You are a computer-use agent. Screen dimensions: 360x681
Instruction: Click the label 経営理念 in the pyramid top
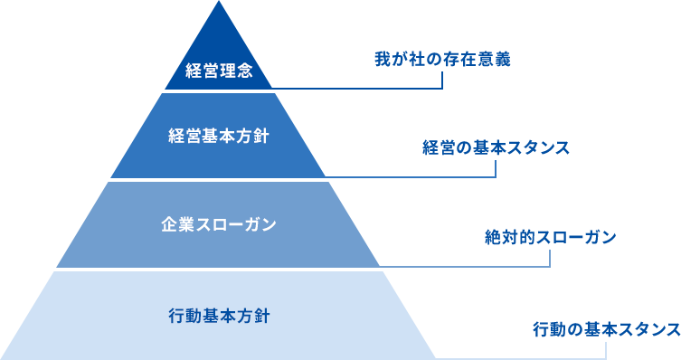(218, 71)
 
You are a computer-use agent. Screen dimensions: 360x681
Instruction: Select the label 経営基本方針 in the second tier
(218, 137)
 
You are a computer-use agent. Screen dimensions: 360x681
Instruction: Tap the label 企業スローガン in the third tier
(218, 223)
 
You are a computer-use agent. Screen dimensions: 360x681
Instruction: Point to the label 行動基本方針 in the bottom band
(218, 317)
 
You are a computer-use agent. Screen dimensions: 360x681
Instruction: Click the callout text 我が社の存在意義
(442, 61)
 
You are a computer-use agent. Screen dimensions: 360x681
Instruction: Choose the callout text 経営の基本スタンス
(496, 147)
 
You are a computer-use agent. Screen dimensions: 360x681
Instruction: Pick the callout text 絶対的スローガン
(550, 238)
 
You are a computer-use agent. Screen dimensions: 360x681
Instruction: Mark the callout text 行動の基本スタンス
(606, 329)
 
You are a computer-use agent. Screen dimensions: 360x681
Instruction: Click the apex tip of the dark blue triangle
(218, 4)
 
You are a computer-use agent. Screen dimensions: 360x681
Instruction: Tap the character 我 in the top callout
(382, 61)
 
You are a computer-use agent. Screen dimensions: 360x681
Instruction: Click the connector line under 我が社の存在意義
(362, 89)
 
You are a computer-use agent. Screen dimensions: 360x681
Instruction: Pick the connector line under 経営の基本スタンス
(416, 177)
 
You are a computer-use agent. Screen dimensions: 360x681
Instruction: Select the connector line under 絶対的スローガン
(470, 268)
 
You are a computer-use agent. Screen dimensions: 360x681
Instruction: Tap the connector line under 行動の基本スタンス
(525, 358)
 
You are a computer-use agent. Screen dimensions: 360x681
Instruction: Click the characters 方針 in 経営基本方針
(252, 137)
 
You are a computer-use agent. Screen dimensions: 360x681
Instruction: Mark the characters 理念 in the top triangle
(234, 71)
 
